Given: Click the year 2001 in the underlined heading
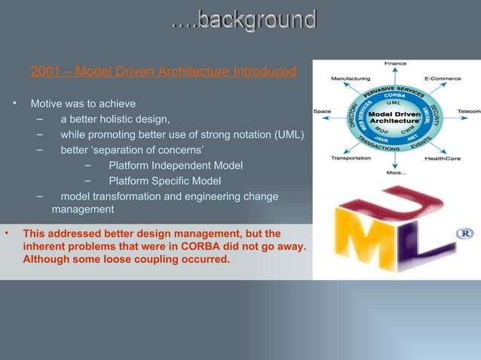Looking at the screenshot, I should pos(43,72).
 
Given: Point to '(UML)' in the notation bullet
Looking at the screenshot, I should pos(288,135).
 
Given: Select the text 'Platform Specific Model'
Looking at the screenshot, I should pos(165,181).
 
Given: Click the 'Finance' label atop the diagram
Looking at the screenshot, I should pos(395,63).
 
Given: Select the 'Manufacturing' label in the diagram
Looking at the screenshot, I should pos(350,78).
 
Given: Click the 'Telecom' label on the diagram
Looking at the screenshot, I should pos(469,111).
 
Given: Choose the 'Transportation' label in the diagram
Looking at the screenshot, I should pos(351,158).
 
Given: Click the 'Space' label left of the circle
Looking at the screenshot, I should pos(322,111).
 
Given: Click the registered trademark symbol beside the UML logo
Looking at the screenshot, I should pos(464,234).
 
